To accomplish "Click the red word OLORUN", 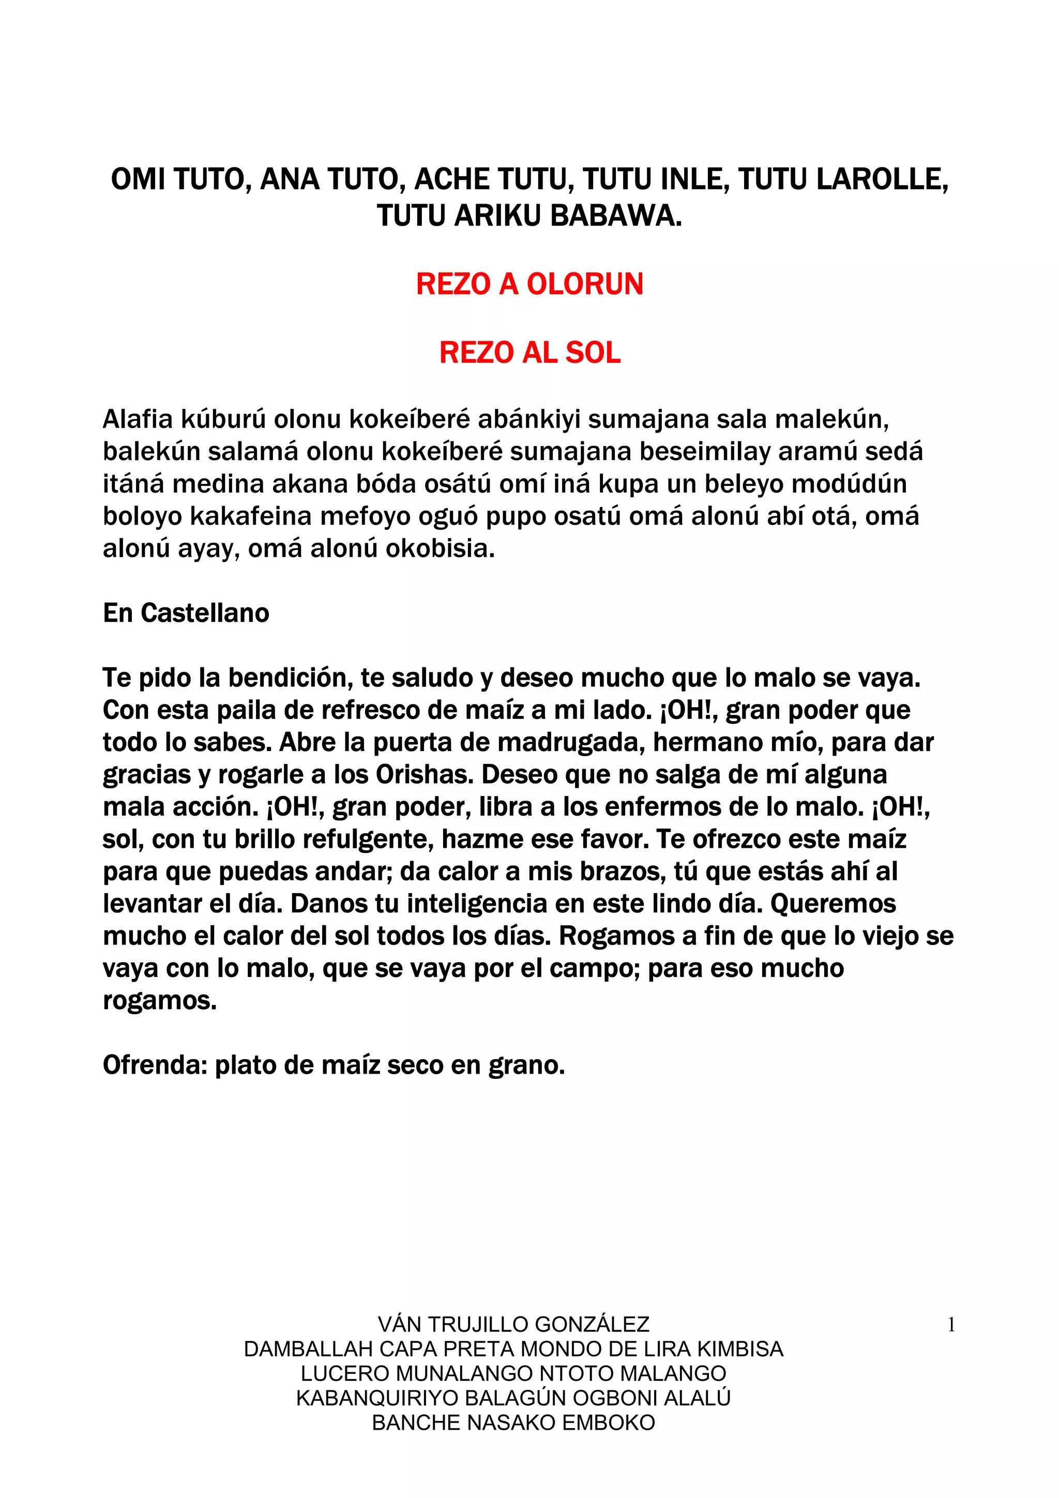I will point(585,284).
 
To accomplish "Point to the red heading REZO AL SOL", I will point(530,353).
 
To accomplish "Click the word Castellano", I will point(205,613).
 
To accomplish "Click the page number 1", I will point(951,1325).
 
